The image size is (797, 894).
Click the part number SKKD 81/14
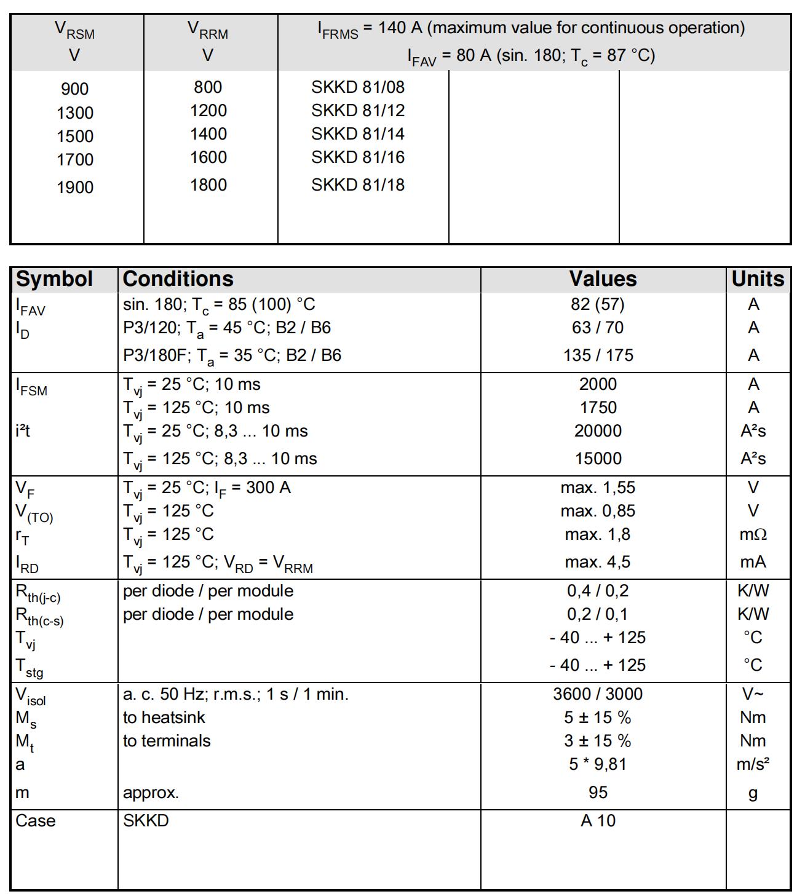(x=357, y=134)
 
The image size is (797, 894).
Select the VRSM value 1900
(x=75, y=187)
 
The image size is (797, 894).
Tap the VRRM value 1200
(x=208, y=111)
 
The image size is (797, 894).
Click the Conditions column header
(x=178, y=279)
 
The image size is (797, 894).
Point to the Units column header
(x=758, y=279)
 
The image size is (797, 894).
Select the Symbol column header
(x=54, y=279)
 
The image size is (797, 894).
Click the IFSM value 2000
(x=598, y=384)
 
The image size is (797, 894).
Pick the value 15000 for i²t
(x=598, y=459)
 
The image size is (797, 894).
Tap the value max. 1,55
(x=598, y=488)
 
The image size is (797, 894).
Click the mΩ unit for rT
(x=753, y=534)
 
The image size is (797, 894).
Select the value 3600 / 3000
(x=598, y=694)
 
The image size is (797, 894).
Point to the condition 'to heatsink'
(x=164, y=718)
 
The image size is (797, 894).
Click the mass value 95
(x=598, y=792)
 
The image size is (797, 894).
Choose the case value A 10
(x=598, y=821)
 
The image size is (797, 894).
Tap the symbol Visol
(x=30, y=695)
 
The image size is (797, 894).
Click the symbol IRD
(x=27, y=563)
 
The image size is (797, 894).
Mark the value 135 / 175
(x=598, y=355)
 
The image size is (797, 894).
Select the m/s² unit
(x=753, y=764)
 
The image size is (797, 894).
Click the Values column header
(x=603, y=279)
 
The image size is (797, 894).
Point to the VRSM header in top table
(x=74, y=30)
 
